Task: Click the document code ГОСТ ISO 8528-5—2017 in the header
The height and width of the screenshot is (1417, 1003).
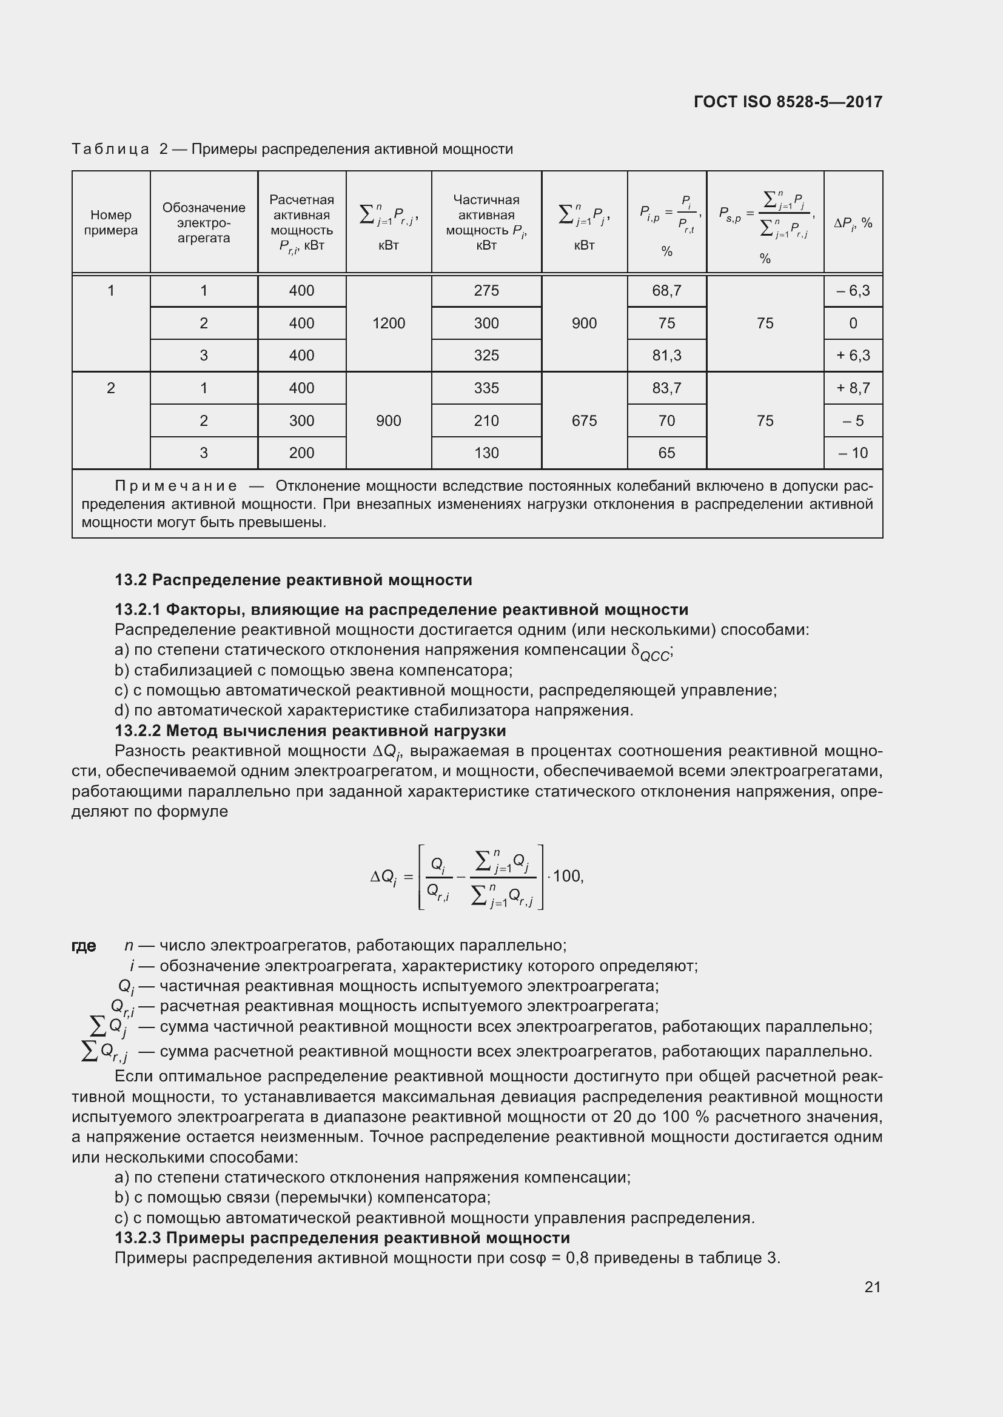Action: click(x=788, y=102)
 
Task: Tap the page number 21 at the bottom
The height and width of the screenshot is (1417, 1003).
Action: click(x=872, y=1287)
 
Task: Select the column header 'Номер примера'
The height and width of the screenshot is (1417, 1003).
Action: click(x=111, y=223)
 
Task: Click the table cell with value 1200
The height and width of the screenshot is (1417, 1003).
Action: click(x=389, y=324)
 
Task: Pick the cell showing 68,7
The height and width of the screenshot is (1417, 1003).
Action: click(x=666, y=291)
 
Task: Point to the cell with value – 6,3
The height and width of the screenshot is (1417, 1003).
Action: click(x=853, y=291)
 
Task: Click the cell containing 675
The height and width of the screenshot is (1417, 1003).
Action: click(x=584, y=421)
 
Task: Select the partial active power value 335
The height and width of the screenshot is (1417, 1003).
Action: click(x=486, y=388)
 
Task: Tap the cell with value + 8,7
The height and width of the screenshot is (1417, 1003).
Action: click(x=853, y=388)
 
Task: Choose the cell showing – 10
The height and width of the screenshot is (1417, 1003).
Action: click(x=853, y=453)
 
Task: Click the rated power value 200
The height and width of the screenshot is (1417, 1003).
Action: click(x=301, y=453)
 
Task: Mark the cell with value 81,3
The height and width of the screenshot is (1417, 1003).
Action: click(x=666, y=356)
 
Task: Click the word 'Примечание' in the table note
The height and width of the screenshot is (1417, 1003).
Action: click(x=176, y=486)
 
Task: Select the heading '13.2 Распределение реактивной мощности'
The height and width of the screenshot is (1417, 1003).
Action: click(x=294, y=580)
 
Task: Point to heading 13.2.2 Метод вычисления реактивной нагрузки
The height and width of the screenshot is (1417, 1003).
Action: click(x=310, y=731)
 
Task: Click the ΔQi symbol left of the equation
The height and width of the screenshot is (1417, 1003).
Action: click(x=383, y=878)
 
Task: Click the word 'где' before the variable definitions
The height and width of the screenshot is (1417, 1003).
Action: click(x=84, y=946)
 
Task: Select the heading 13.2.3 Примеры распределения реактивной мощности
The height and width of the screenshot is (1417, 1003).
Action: click(x=342, y=1238)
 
